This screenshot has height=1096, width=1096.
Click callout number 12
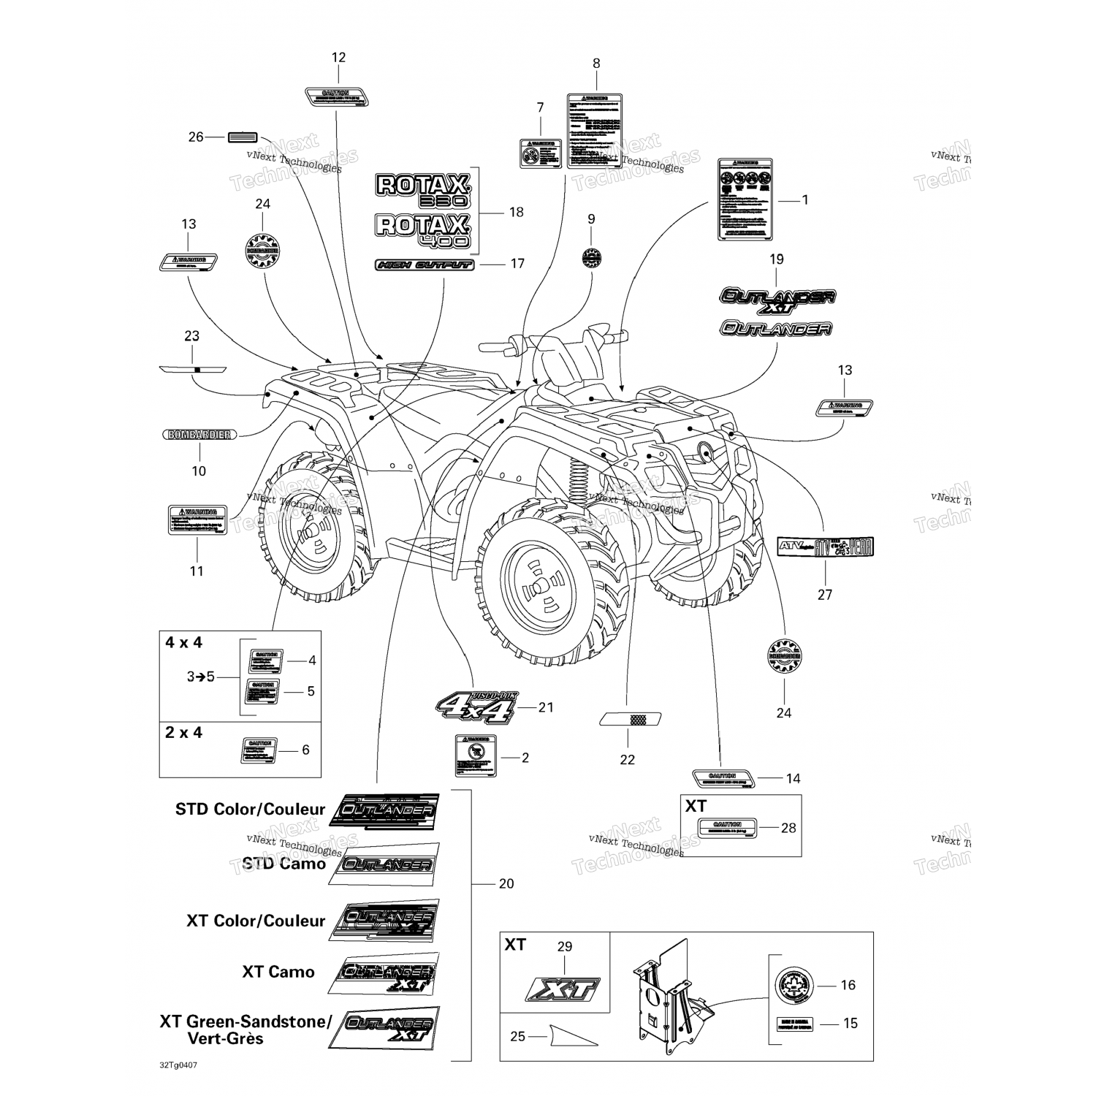point(338,58)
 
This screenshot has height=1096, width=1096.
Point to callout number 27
point(825,595)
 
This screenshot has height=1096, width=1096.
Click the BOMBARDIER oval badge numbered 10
point(199,435)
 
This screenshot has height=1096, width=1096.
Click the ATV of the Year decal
point(825,547)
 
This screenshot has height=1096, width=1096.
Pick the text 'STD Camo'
point(283,864)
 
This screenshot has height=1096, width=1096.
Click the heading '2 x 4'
point(183,732)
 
